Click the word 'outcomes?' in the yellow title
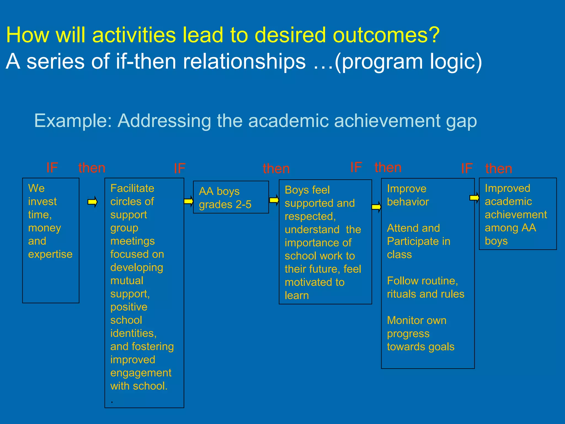(386, 35)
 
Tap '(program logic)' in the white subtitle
(408, 61)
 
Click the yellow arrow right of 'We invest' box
(92, 202)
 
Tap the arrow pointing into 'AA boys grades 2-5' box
(188, 201)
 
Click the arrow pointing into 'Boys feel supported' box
(274, 200)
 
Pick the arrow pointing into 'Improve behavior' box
(376, 207)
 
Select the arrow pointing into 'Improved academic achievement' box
(474, 197)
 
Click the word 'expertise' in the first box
(50, 254)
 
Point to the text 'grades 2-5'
(225, 205)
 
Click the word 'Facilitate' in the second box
(132, 188)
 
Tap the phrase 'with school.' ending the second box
(139, 386)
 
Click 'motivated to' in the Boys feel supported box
(315, 282)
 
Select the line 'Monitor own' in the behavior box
(417, 320)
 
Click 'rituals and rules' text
(425, 294)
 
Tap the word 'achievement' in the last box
(516, 214)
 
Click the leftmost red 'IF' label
(52, 168)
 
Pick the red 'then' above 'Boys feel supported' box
(276, 168)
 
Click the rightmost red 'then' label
(499, 168)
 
